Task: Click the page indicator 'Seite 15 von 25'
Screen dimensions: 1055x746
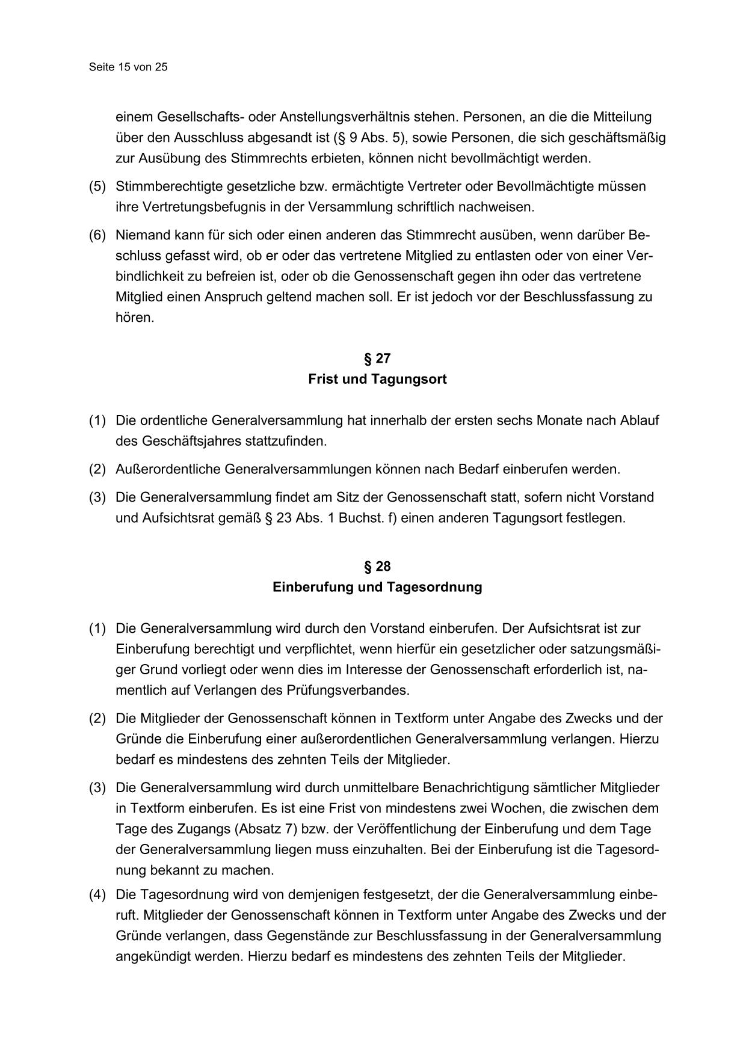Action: point(128,67)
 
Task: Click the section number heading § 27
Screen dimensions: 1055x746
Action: point(377,359)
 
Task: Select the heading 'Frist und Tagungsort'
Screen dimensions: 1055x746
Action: point(377,380)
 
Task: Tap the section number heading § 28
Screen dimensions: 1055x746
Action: point(377,567)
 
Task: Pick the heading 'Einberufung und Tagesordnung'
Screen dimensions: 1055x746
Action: point(377,587)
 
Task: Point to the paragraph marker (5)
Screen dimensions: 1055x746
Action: point(97,186)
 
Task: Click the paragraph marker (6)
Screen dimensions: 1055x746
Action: point(97,235)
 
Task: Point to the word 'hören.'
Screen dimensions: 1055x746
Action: point(135,318)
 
